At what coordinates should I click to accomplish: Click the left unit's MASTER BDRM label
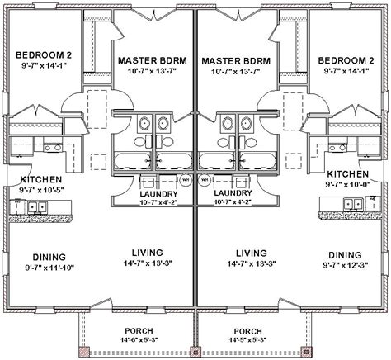coord(153,60)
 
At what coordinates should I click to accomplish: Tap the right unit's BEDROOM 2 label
coord(346,60)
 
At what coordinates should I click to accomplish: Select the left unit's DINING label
coord(49,258)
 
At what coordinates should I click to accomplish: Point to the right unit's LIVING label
coord(252,253)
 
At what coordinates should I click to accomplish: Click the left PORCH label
coord(139,330)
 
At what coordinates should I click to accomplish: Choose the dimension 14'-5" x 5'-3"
coord(247,340)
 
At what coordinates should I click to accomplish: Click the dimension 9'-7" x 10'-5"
coord(41,190)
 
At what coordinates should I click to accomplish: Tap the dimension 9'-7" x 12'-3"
coord(346,265)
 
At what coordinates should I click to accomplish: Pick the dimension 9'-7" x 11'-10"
coord(49,268)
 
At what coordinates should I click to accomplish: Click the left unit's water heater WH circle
coord(186,180)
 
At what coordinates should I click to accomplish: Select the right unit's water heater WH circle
coord(205,180)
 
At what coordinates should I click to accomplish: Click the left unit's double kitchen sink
coord(37,207)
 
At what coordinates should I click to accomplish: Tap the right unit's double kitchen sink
coord(353,204)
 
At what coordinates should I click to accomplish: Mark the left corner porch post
coord(85,352)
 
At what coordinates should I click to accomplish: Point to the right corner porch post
coord(306,352)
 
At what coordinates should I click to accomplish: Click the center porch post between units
coord(195,352)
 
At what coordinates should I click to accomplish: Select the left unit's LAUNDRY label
coord(158,194)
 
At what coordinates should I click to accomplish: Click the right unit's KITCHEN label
coord(347,174)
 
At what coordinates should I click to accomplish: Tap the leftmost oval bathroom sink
coord(144,123)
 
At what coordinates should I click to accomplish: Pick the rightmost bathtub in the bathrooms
coord(257,160)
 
